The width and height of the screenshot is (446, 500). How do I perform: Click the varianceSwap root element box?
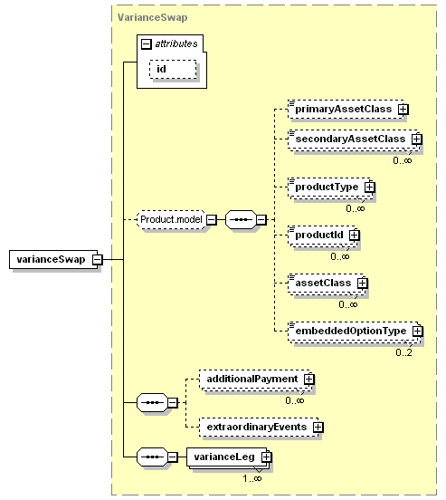[x=53, y=259]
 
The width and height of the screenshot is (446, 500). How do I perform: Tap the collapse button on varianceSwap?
[x=98, y=260]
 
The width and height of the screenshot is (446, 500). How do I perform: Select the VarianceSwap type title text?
[x=152, y=17]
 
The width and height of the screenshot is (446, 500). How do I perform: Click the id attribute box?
[x=173, y=69]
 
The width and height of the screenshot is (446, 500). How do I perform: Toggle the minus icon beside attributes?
[x=146, y=43]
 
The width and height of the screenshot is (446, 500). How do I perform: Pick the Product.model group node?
[x=171, y=219]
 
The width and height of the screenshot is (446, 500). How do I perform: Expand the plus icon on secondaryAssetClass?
[x=416, y=139]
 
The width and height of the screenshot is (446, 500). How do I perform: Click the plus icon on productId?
[x=354, y=235]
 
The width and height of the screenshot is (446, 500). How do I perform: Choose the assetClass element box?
[x=327, y=283]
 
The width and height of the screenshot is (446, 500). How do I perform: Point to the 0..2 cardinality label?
[x=403, y=352]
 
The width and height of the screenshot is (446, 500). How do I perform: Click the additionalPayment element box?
[x=255, y=379]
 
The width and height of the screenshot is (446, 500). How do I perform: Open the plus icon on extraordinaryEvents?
[x=318, y=427]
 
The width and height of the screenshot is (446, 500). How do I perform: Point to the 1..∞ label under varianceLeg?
[x=252, y=478]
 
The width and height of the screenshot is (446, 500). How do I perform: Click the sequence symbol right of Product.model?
[x=241, y=219]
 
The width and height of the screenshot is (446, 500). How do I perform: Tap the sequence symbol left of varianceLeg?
[x=152, y=457]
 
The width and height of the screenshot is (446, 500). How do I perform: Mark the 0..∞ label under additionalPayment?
[x=295, y=400]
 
